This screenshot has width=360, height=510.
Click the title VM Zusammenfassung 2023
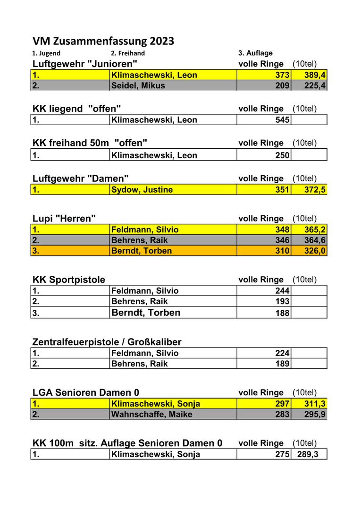[x=103, y=41]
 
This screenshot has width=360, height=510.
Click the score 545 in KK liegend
[x=282, y=120]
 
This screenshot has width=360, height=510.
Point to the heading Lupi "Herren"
[x=64, y=219]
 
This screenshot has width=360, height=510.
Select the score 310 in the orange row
[x=282, y=251]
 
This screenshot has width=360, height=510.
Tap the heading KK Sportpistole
[x=69, y=280]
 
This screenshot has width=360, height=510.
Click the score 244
[x=282, y=291]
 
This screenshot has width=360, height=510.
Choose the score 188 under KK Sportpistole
[x=282, y=313]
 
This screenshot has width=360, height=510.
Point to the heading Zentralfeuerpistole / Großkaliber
[x=107, y=342]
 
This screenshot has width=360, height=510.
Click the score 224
[x=282, y=353]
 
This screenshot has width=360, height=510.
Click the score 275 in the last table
[x=282, y=454]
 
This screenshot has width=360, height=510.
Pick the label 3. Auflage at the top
[x=255, y=53]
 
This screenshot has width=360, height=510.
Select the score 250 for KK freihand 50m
[x=282, y=155]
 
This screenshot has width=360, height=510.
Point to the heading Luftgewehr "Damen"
[x=81, y=178]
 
